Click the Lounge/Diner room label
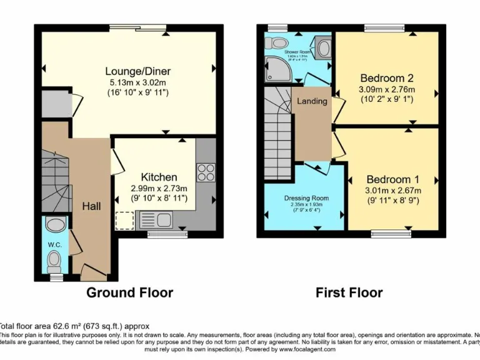click(137, 71)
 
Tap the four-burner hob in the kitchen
click(206, 171)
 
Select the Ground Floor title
click(129, 292)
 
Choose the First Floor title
click(349, 292)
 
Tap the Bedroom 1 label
click(389, 179)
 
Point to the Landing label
click(311, 101)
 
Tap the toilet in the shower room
click(274, 43)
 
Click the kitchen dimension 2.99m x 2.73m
click(159, 188)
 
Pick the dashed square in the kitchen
click(124, 220)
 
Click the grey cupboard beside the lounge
click(55, 102)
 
